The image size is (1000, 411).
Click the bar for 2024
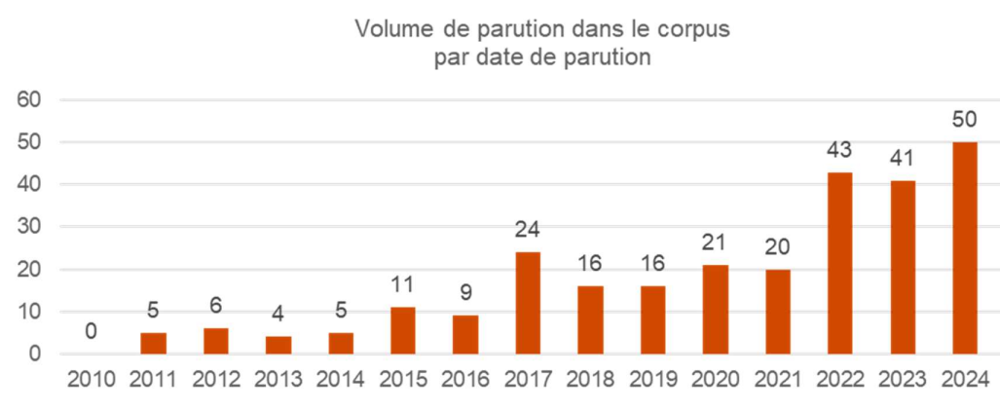coord(964,247)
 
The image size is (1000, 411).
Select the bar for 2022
coord(839,263)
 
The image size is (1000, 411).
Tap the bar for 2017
coord(528,303)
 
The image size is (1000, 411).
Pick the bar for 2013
coord(278,345)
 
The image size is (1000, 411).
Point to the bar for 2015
coord(403,330)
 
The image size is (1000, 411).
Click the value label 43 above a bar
coord(839,151)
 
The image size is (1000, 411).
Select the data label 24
coord(528,231)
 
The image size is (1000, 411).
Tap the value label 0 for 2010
coord(92,332)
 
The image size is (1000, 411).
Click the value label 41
coord(902,160)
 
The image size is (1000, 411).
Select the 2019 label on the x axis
coord(652,380)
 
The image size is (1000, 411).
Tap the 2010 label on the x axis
coord(92,380)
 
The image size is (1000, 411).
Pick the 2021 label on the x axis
coord(777,380)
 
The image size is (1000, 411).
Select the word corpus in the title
coord(697,29)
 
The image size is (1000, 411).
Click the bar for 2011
coord(154,343)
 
